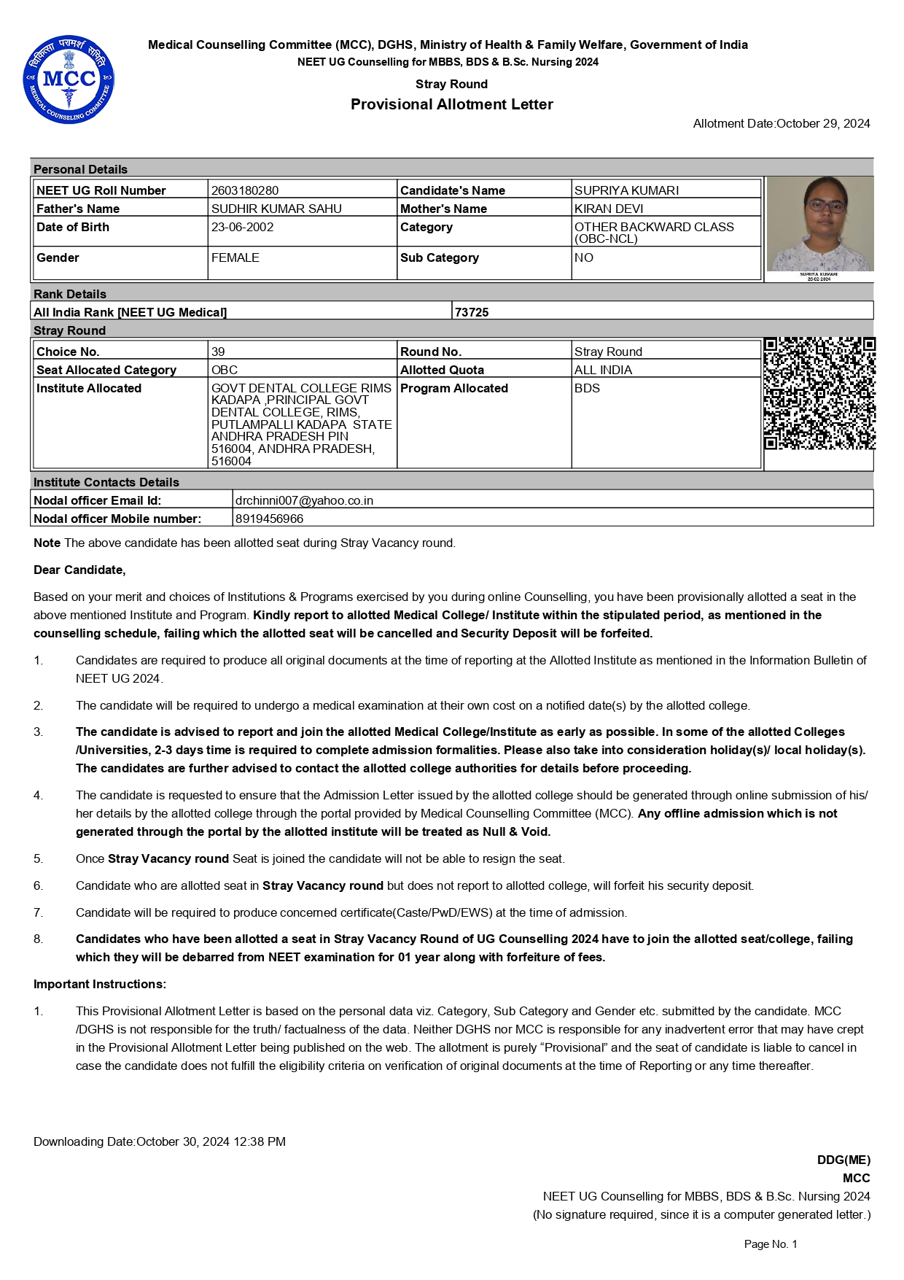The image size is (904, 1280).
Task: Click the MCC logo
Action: [69, 80]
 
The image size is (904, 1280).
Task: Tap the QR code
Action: [819, 393]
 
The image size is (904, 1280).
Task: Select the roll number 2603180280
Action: [245, 190]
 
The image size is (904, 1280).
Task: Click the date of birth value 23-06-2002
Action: [243, 227]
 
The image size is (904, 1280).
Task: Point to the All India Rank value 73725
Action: [472, 312]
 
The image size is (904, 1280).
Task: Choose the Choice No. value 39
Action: [218, 352]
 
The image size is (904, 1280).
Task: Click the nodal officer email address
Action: [304, 500]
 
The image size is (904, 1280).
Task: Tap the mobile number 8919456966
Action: [269, 519]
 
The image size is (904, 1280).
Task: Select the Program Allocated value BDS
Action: [587, 388]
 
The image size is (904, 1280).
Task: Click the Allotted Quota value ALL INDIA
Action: [603, 370]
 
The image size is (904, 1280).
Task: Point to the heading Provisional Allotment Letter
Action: [452, 104]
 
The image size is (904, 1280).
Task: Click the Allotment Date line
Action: [782, 123]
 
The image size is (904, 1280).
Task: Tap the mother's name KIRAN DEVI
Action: [609, 209]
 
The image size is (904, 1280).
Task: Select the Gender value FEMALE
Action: [235, 257]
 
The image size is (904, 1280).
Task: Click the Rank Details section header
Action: [70, 294]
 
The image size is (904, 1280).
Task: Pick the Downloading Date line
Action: [160, 1141]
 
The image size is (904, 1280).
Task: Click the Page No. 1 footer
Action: [771, 1244]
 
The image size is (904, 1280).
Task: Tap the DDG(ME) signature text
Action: [843, 1160]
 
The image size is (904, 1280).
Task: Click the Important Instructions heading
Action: [100, 984]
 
